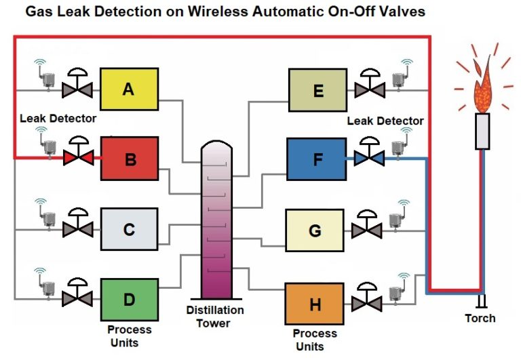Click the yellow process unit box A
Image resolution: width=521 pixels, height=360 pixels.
click(x=129, y=89)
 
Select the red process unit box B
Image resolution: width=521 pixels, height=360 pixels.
click(x=129, y=159)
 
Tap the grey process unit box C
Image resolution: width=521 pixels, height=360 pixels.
click(x=129, y=229)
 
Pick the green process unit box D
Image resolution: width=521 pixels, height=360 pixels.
click(x=129, y=299)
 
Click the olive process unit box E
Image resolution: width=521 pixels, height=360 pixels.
click(x=317, y=89)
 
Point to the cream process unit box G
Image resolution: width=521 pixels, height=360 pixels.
click(x=315, y=230)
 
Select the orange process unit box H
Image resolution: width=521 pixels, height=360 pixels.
click(x=315, y=304)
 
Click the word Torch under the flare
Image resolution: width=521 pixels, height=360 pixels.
click(x=480, y=318)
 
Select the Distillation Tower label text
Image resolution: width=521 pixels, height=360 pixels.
click(x=215, y=317)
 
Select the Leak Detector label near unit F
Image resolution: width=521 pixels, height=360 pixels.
click(x=385, y=121)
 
